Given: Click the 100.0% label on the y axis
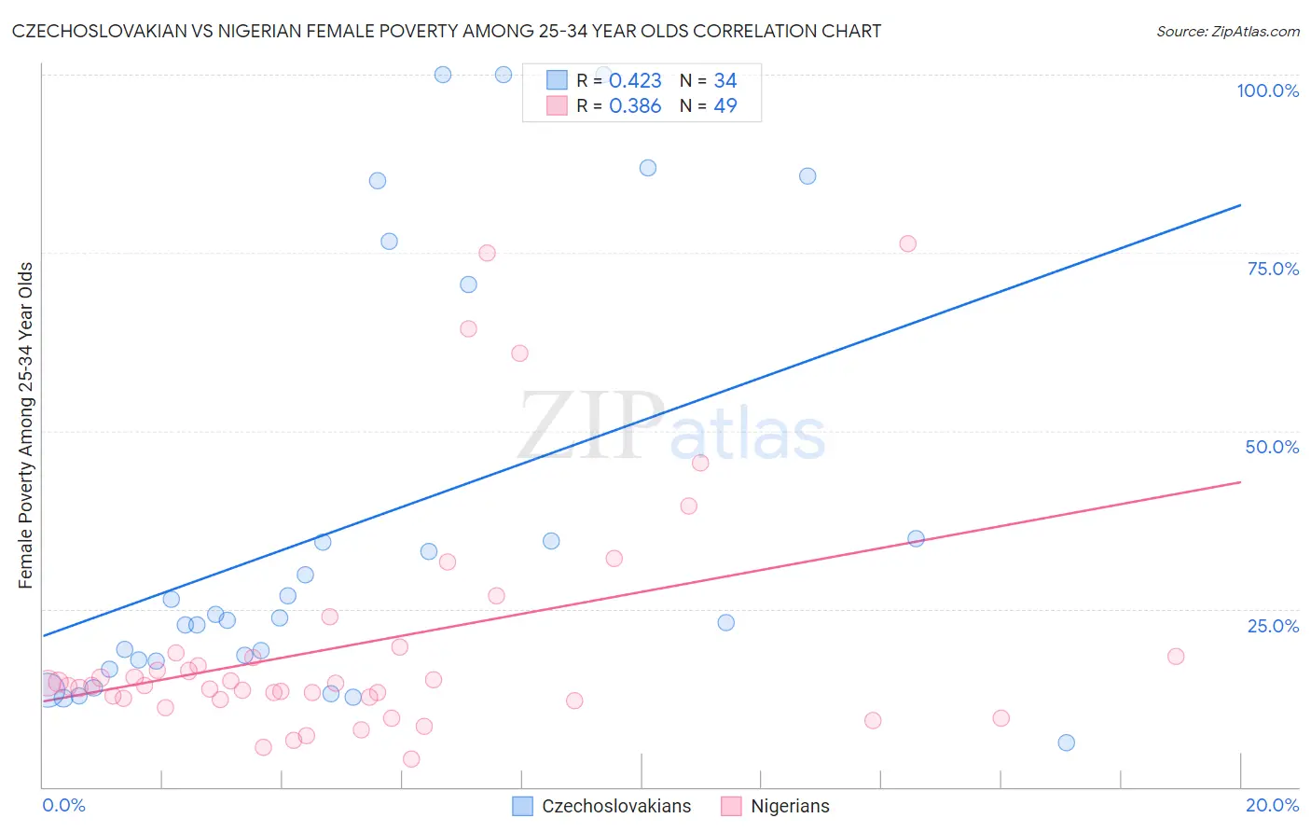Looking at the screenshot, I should pos(1267,90).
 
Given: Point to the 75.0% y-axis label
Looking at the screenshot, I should pos(1273,269).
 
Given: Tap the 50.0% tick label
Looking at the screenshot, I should pos(1272,447).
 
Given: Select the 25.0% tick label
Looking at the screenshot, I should pos(1273,626).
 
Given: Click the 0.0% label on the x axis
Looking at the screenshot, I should pos(63,805).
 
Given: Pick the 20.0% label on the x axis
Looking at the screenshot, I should pos(1272,805).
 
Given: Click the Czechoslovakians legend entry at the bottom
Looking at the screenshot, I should pos(616,806).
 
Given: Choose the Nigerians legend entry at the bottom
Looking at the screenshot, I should pos(790,806).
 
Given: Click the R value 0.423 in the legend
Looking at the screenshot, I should pos(635,81).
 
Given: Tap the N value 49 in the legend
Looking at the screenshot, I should pos(725,106).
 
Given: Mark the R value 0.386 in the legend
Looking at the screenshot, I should pos(635,106).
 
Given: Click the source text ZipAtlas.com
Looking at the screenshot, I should pos(1228,32).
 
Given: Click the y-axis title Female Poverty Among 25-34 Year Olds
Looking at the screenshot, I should pos(26,425).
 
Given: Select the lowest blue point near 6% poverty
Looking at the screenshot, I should pos(1067,742).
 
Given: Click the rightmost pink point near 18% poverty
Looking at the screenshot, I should pos(1176,657).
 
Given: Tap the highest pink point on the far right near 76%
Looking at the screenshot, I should pos(908,243).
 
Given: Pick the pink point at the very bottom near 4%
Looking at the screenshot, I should pos(411,759).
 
